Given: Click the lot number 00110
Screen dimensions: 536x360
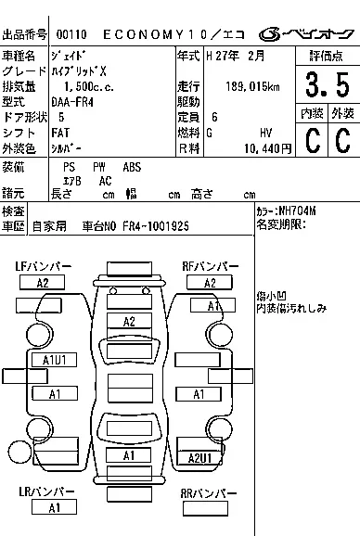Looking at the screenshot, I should [71, 34].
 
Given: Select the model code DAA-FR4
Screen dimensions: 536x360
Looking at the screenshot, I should [71, 101].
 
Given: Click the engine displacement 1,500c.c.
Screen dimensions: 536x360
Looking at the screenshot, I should [75, 85].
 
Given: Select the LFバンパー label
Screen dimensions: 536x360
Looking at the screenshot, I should [44, 267].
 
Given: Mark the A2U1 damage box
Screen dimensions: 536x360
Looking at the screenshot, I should [200, 458].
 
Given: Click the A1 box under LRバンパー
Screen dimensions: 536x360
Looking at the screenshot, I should [55, 507].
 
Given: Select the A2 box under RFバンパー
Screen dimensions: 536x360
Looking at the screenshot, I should [210, 283].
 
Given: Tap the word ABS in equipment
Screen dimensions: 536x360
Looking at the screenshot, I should [133, 167].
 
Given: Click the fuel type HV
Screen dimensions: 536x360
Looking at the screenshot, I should [265, 133].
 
